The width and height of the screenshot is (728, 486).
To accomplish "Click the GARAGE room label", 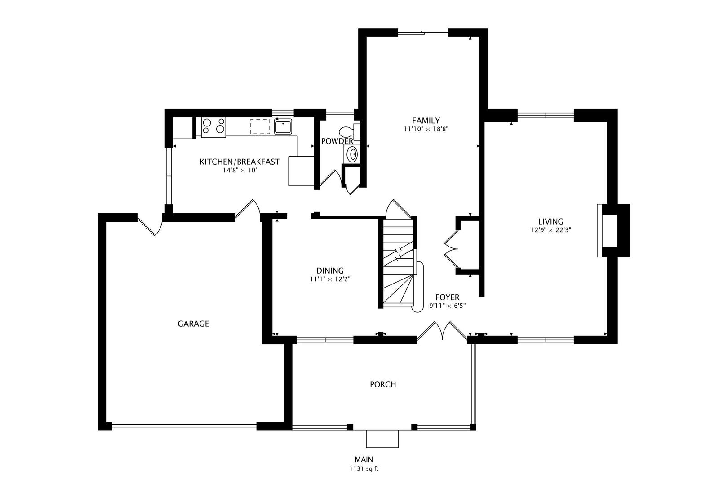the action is click(193, 324).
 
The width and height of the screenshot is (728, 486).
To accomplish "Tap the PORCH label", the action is click(383, 384).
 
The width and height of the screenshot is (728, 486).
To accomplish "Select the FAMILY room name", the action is click(426, 121).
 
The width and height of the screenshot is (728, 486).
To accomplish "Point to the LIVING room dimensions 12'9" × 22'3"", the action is click(551, 230).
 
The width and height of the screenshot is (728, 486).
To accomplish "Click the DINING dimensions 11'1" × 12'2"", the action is click(330, 279).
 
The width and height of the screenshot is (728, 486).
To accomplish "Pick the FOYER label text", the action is click(447, 297).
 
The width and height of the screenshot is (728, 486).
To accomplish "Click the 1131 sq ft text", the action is click(364, 469).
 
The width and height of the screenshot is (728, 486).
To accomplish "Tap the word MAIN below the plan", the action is click(364, 459).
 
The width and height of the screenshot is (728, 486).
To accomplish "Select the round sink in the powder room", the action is click(352, 153).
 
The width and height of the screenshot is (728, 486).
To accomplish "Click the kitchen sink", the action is click(283, 126).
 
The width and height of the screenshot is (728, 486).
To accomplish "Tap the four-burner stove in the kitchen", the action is click(213, 127).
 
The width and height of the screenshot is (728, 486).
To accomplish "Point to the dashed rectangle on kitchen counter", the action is click(260, 126).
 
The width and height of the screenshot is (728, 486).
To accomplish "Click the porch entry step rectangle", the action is click(382, 439).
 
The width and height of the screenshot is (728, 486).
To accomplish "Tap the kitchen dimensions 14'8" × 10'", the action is click(240, 170).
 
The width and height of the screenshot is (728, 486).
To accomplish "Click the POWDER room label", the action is click(337, 141).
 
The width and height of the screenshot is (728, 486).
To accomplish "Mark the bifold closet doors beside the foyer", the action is click(452, 249).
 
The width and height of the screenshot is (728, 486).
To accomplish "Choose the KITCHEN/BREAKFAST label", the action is click(240, 162).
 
